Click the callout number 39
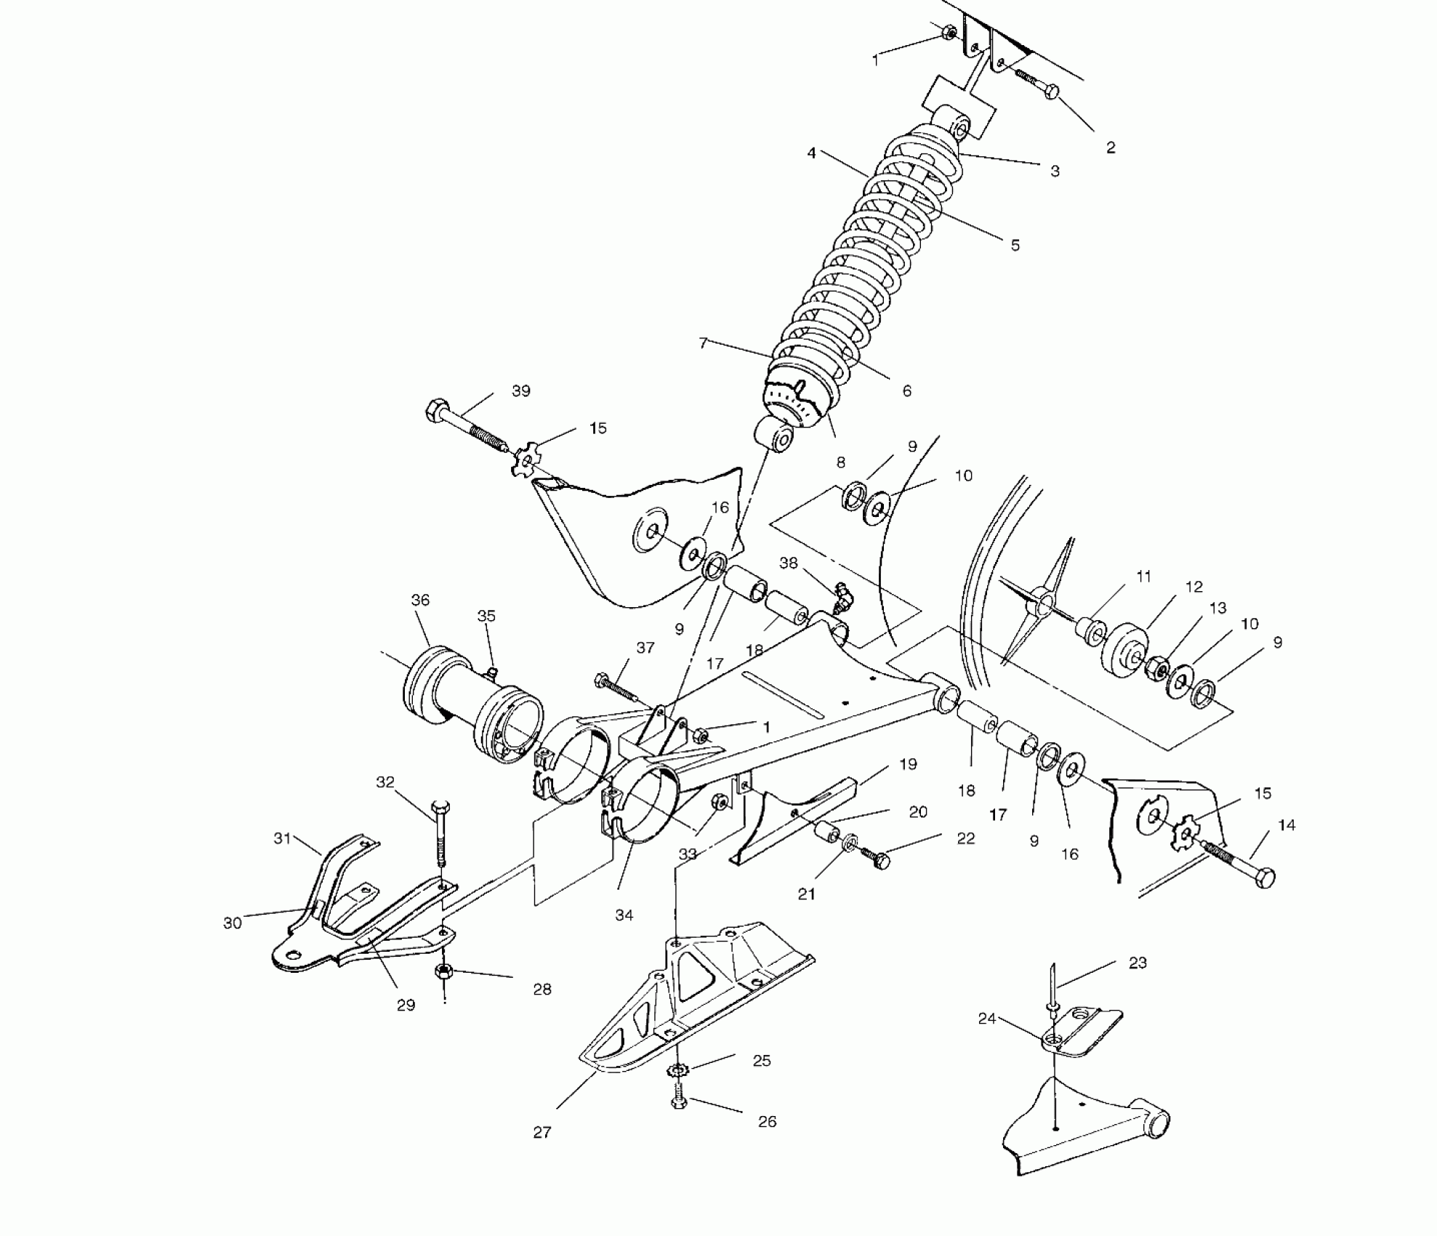520,391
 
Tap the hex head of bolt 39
435,411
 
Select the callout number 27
542,1132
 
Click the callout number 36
420,600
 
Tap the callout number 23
1138,963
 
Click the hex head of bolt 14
1264,878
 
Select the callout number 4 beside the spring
811,153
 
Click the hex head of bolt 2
1051,92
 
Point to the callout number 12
1194,587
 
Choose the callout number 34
624,915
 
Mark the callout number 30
232,923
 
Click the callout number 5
1015,245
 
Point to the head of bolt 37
602,681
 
